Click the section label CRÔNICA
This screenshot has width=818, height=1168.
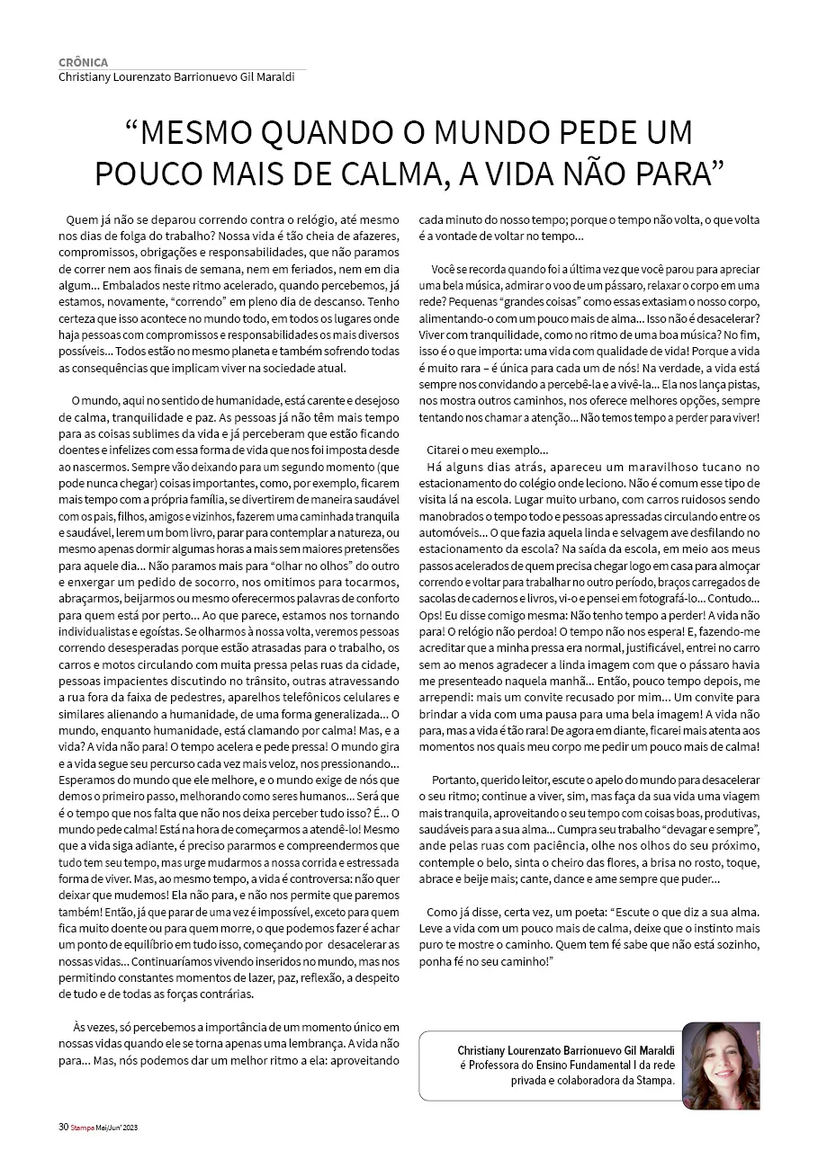pyautogui.click(x=84, y=62)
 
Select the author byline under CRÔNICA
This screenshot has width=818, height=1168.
pyautogui.click(x=176, y=77)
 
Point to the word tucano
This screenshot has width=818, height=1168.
pyautogui.click(x=714, y=467)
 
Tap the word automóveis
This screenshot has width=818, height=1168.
pyautogui.click(x=447, y=532)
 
